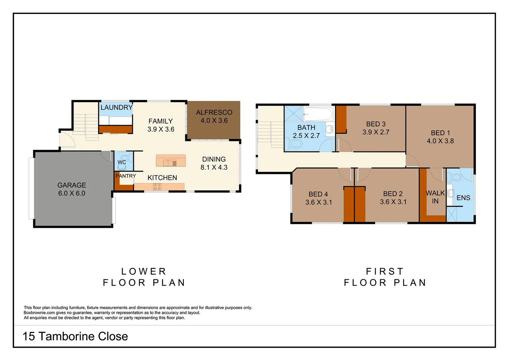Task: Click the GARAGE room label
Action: [72, 185]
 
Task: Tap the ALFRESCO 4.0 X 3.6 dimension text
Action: [214, 121]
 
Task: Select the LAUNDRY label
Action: [116, 107]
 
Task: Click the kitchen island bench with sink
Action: [171, 161]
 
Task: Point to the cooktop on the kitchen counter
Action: [157, 187]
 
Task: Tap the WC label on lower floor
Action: [122, 162]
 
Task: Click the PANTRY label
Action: [126, 176]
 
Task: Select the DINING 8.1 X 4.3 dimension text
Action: [214, 167]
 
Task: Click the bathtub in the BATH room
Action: [318, 114]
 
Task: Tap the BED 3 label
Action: [376, 124]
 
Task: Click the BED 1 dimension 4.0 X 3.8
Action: [440, 141]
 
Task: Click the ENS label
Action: [463, 198]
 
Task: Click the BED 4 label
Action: [318, 194]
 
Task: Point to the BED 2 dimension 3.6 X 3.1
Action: [393, 202]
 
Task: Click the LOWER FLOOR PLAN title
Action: [144, 277]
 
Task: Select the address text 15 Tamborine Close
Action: [75, 336]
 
